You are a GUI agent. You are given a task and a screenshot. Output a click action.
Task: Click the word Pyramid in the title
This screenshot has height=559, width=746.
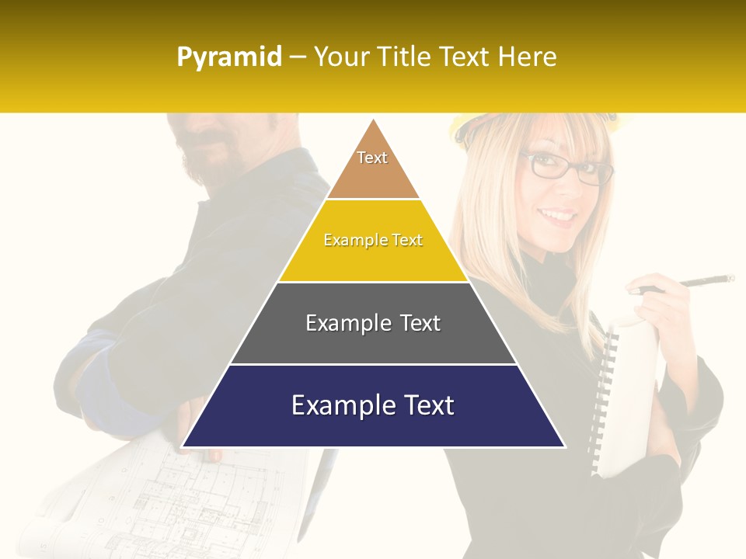point(229,57)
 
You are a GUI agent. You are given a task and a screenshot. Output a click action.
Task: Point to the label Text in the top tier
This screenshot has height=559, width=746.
point(372,158)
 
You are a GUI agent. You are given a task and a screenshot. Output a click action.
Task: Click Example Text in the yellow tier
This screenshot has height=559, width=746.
point(373,240)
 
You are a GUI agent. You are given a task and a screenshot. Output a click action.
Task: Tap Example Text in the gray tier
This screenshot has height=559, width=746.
point(373,323)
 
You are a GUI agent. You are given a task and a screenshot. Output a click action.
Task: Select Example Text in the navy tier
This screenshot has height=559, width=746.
point(373,405)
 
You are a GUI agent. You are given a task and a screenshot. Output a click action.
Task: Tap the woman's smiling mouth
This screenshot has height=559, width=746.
point(558,214)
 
